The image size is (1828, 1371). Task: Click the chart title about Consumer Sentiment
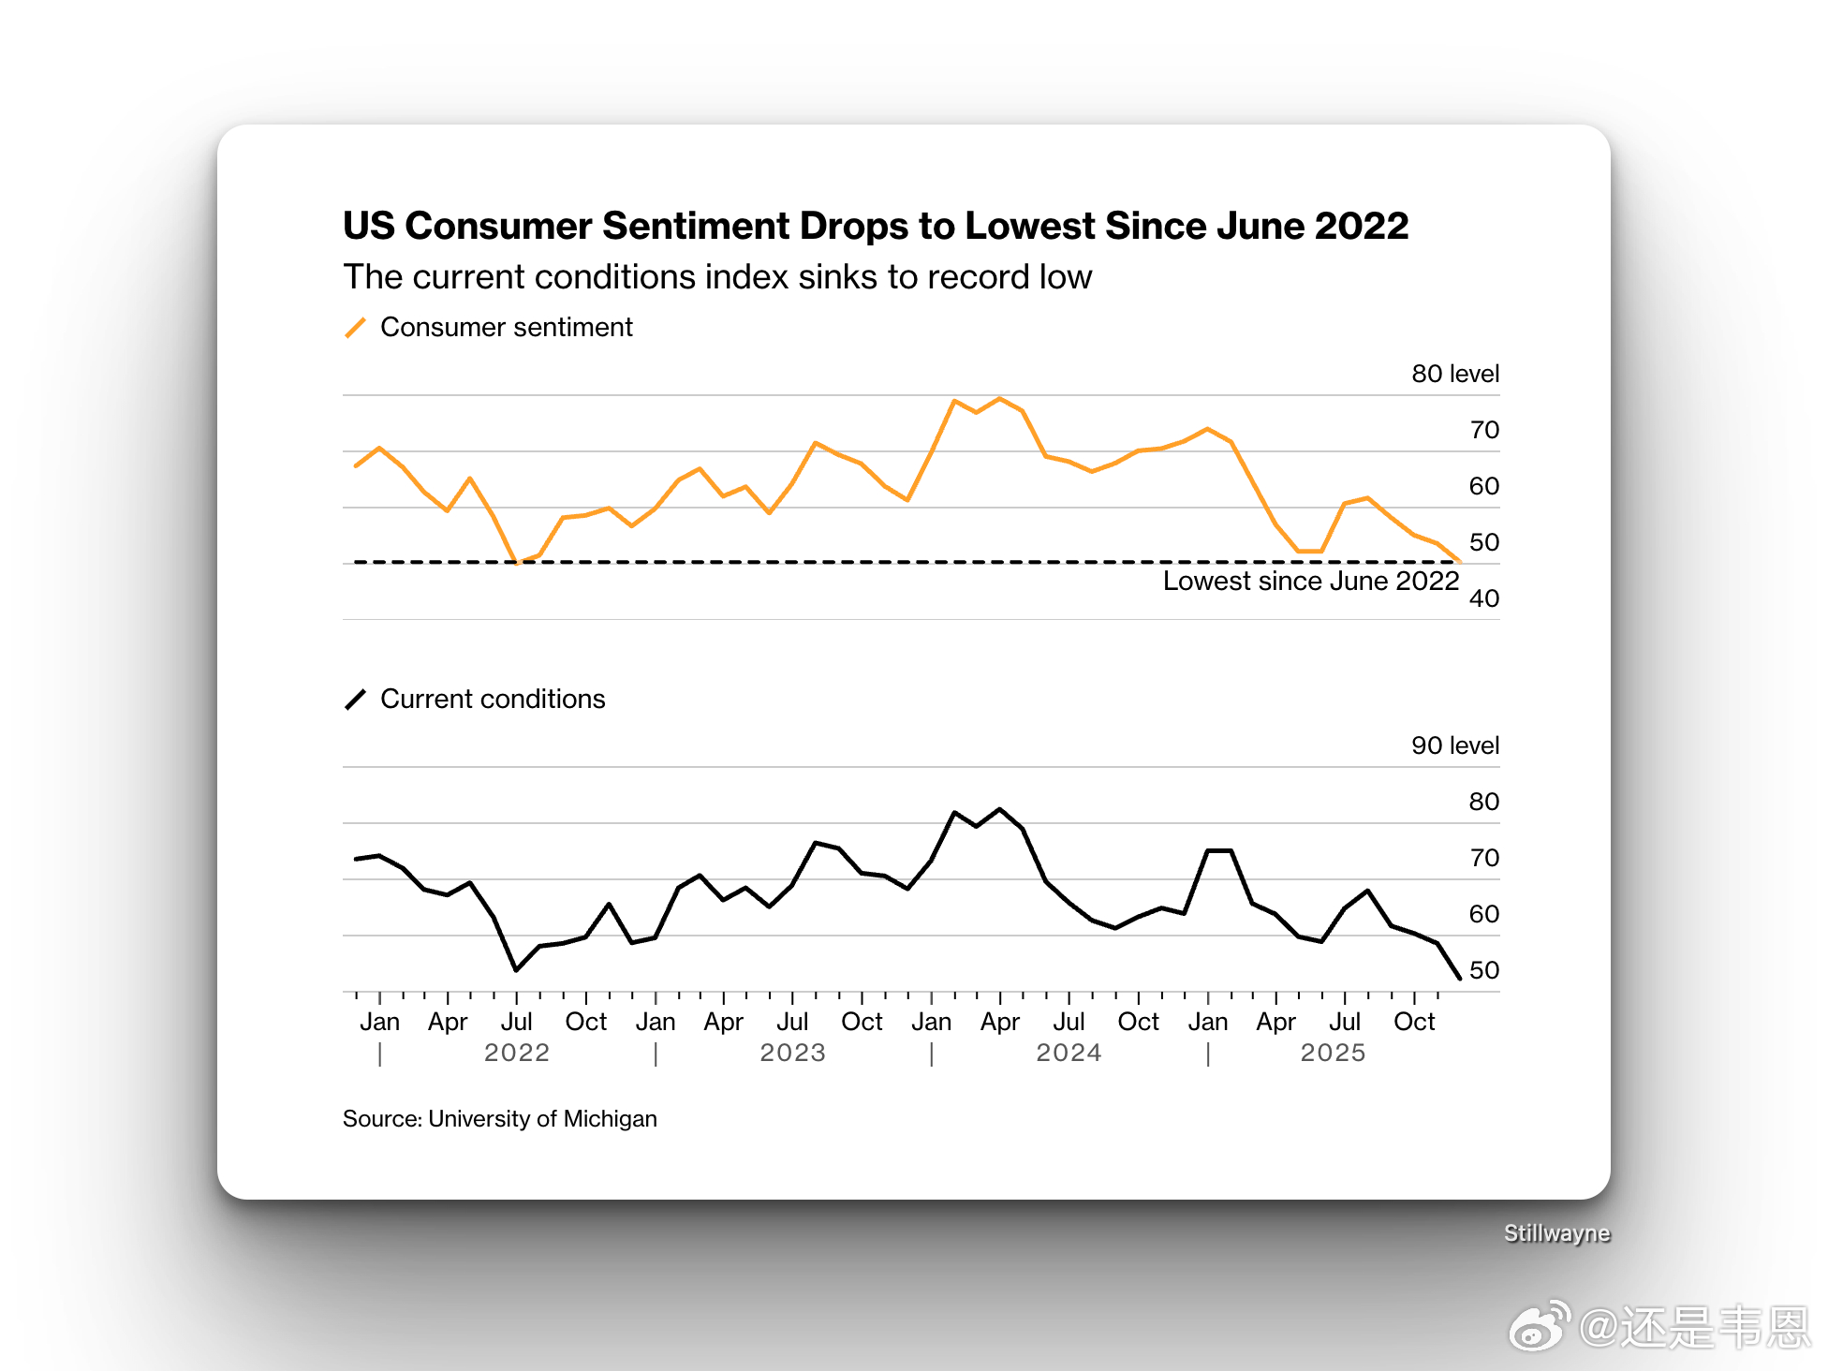(875, 226)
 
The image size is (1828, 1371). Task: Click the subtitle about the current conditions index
(716, 277)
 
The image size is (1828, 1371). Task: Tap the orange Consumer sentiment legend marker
(355, 328)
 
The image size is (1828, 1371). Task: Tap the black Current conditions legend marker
(355, 700)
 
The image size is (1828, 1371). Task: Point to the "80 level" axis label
(1454, 374)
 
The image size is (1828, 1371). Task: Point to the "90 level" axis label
(1454, 745)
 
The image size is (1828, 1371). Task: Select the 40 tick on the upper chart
(1483, 598)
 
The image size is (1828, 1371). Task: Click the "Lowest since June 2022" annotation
(1310, 581)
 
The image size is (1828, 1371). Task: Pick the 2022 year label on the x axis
(516, 1053)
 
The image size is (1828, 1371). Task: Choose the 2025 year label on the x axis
(1333, 1053)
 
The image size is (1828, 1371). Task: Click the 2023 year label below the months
(792, 1053)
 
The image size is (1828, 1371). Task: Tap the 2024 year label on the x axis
(1069, 1053)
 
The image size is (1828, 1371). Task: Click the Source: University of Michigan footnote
(499, 1119)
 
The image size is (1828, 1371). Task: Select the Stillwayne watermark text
(1556, 1233)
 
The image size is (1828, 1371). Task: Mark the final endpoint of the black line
(1460, 979)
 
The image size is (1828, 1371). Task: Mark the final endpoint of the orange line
(1460, 562)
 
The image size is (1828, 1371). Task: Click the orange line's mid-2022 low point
(516, 563)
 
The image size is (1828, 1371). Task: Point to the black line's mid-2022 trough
(516, 970)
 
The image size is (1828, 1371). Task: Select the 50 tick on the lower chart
(1483, 970)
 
